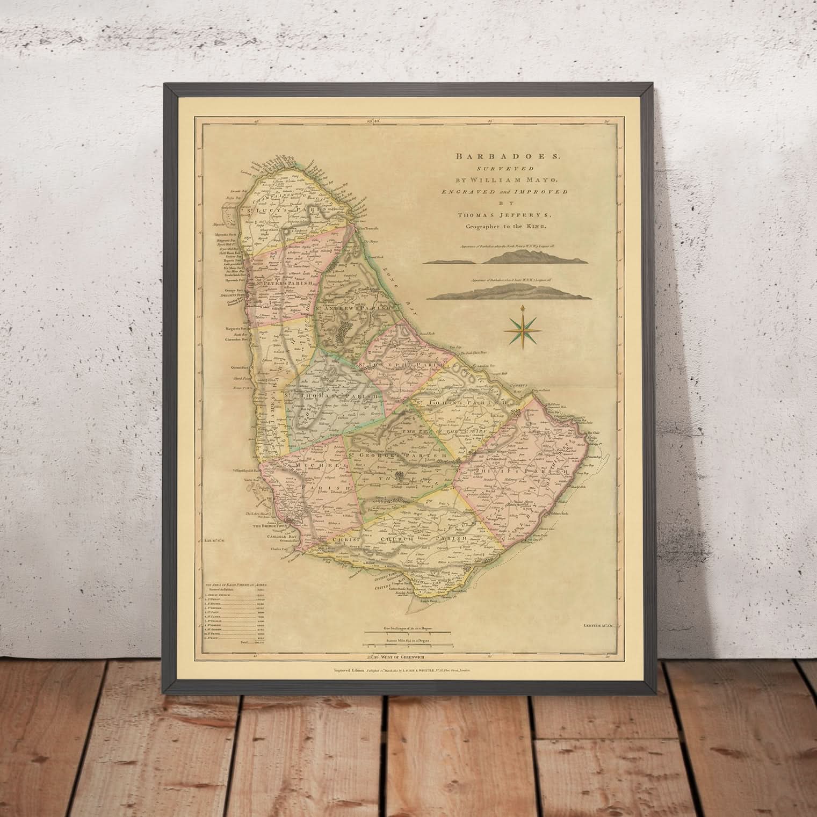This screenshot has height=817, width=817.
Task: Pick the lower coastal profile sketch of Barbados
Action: click(504, 292)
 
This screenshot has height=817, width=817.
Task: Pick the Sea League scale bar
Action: click(408, 632)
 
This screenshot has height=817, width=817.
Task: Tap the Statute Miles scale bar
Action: click(408, 644)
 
